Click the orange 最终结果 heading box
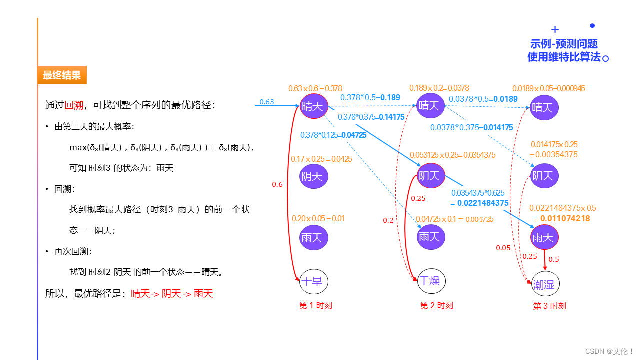62,75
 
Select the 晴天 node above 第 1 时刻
314,106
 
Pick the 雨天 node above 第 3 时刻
544,237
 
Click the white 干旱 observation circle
313,281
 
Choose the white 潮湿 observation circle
545,284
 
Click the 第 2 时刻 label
436,306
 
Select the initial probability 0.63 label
267,102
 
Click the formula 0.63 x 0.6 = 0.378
315,89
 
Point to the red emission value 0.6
277,184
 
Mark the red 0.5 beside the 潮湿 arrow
554,259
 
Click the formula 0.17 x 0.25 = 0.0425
321,159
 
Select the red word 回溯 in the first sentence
74,105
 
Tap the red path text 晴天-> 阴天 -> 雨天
172,294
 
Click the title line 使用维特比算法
564,57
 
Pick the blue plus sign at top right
555,29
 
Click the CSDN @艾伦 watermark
609,351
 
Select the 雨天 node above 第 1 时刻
314,237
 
